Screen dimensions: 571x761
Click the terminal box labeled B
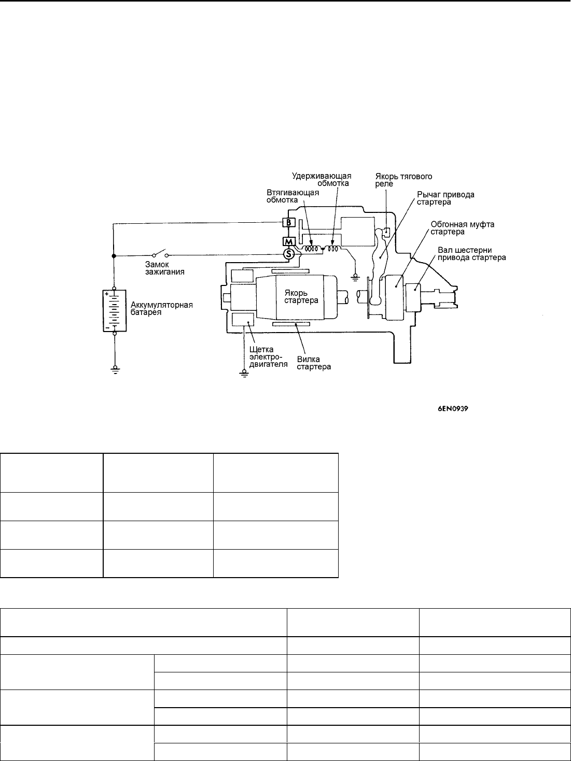(289, 222)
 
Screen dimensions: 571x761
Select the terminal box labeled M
(289, 241)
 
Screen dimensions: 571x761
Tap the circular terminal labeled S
(288, 254)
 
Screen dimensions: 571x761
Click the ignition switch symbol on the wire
(160, 254)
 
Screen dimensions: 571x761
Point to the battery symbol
(115, 311)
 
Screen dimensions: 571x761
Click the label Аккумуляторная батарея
(161, 308)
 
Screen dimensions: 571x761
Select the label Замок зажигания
(164, 268)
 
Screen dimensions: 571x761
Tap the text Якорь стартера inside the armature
(301, 296)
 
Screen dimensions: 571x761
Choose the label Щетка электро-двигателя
(268, 356)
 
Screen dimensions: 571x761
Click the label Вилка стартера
(314, 363)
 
